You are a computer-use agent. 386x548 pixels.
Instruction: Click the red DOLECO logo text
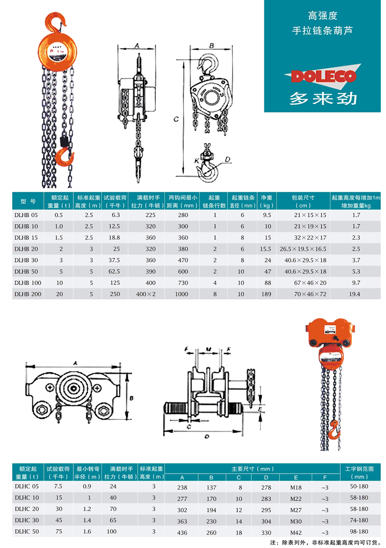coord(323,76)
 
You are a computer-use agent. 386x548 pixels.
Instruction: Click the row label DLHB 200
coord(28,294)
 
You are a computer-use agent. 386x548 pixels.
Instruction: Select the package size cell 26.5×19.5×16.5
coord(303,249)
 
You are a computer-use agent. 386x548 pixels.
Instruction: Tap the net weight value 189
coord(266,294)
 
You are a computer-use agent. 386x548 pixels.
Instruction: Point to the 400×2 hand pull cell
coord(146,294)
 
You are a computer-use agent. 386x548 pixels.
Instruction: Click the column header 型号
coord(28,201)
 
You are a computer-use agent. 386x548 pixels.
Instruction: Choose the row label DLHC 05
coord(27,486)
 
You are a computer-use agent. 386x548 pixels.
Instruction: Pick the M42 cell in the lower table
coord(296,533)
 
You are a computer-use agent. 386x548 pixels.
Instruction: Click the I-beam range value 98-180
coord(359,531)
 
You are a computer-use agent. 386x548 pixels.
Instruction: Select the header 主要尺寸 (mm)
coord(252,469)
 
